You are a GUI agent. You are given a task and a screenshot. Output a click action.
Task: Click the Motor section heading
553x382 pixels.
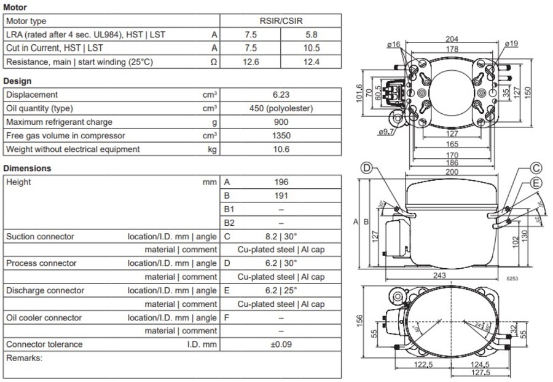tap(15, 7)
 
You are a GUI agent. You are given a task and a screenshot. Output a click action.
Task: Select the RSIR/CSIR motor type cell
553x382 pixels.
tap(281, 21)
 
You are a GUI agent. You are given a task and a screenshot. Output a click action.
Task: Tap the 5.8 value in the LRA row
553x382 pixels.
tap(311, 34)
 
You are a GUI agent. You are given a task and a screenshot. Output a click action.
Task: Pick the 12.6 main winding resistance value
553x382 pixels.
tap(251, 62)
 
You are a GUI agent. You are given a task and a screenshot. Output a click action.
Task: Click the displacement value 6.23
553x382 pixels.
tap(281, 95)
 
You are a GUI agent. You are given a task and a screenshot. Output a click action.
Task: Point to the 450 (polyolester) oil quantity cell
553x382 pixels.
tap(281, 108)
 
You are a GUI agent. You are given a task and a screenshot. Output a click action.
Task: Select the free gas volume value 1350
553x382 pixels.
tap(281, 135)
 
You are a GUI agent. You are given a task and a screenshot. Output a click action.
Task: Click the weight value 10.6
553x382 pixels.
tap(281, 149)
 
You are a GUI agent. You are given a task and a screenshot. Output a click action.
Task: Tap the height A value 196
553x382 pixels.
tap(281, 182)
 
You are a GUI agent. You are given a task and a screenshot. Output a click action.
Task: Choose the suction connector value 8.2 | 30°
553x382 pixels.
tap(281, 236)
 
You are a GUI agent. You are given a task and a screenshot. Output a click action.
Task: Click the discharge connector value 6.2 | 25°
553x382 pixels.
tap(281, 290)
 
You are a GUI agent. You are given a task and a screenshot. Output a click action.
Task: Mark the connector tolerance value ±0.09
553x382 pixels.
tap(281, 344)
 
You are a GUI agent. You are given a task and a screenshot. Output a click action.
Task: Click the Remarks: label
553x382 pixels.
tap(24, 357)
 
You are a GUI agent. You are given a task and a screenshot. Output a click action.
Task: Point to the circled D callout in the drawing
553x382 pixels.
tap(366, 168)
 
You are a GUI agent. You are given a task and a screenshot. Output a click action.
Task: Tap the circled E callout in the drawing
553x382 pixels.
tap(536, 183)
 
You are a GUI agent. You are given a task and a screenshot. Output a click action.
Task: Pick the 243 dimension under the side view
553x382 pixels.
tap(440, 275)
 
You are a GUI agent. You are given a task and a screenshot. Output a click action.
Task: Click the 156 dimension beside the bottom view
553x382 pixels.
tap(361, 321)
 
